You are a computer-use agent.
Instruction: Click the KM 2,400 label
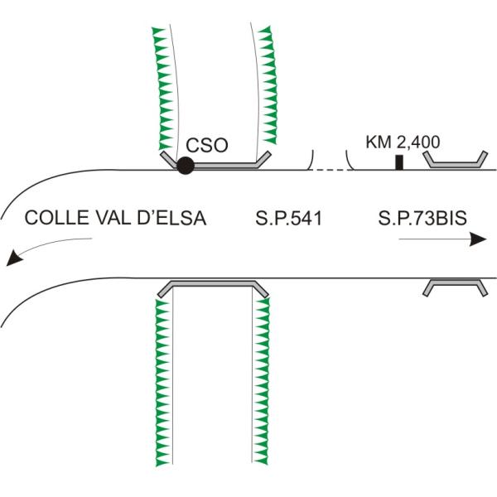point(403,142)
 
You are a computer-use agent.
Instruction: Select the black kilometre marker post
point(399,162)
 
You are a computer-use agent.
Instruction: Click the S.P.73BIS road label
point(422,219)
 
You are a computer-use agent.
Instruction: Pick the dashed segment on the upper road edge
point(327,170)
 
